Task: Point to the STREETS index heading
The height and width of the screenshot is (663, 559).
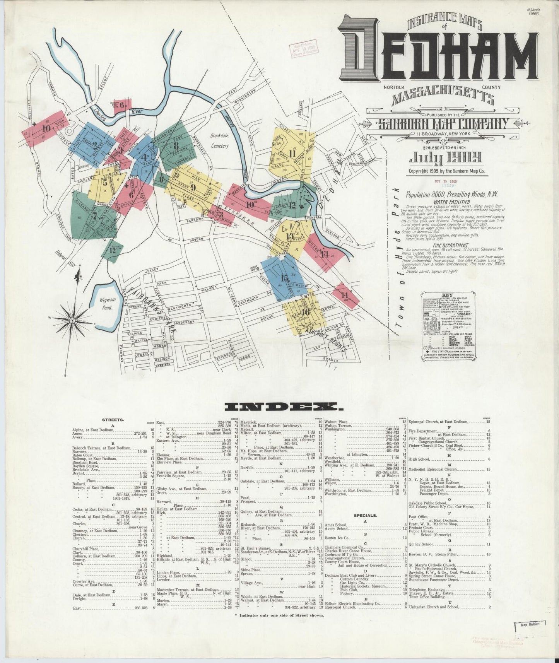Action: pos(113,419)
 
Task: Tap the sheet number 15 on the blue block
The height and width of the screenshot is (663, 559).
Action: pos(284,278)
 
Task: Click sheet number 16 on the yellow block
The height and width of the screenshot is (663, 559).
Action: pos(306,312)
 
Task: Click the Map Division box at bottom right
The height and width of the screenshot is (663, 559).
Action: pos(530,635)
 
